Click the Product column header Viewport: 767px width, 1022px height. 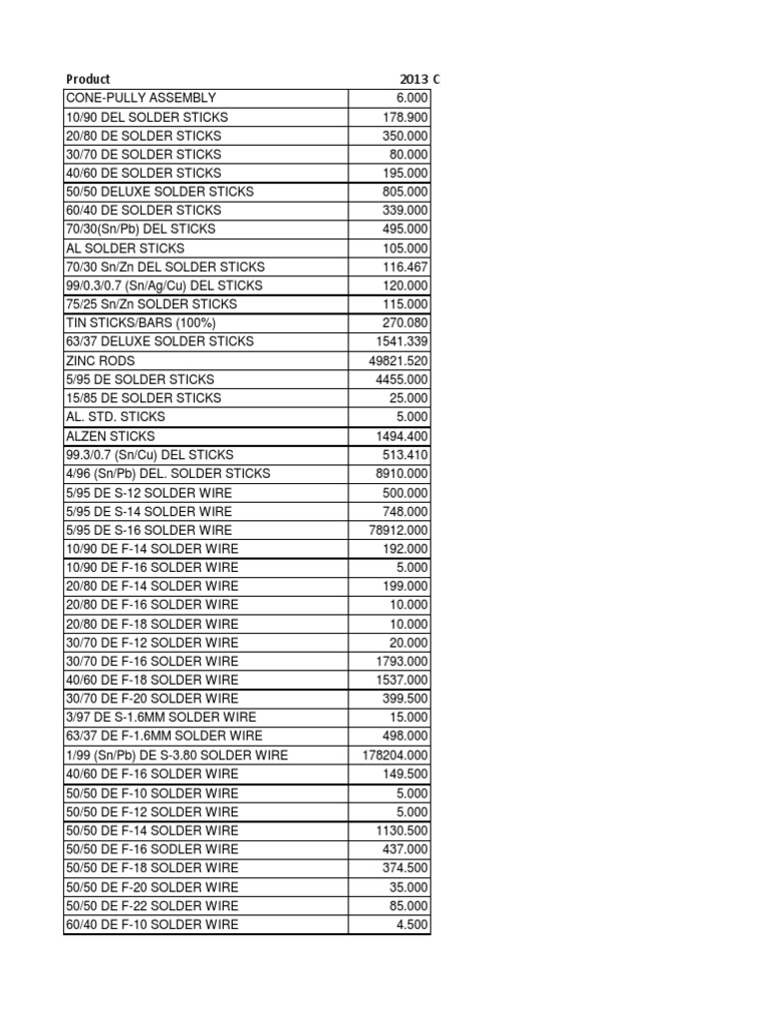coord(88,79)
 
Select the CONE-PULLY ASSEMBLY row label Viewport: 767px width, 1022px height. coord(141,98)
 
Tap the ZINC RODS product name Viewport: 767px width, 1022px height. coord(100,360)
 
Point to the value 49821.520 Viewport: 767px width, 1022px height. coord(398,360)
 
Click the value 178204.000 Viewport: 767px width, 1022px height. coord(395,756)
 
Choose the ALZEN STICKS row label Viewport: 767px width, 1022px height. coord(110,436)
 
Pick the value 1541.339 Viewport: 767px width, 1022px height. coord(402,341)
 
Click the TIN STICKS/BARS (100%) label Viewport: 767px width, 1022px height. coord(141,322)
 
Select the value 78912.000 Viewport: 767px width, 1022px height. coord(398,530)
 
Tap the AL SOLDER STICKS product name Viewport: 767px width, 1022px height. coord(125,248)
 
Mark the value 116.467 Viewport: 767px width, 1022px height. coord(405,266)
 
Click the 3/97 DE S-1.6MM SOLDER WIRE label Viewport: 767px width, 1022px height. coord(161,718)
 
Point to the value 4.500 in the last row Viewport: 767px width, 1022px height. coord(412,925)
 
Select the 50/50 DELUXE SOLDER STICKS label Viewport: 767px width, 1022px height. coord(160,192)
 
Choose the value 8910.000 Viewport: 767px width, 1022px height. coord(401,473)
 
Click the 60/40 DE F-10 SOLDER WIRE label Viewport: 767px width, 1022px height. coord(152,925)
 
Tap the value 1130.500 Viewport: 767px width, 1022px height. coord(402,830)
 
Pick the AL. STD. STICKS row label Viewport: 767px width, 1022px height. coord(116,416)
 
